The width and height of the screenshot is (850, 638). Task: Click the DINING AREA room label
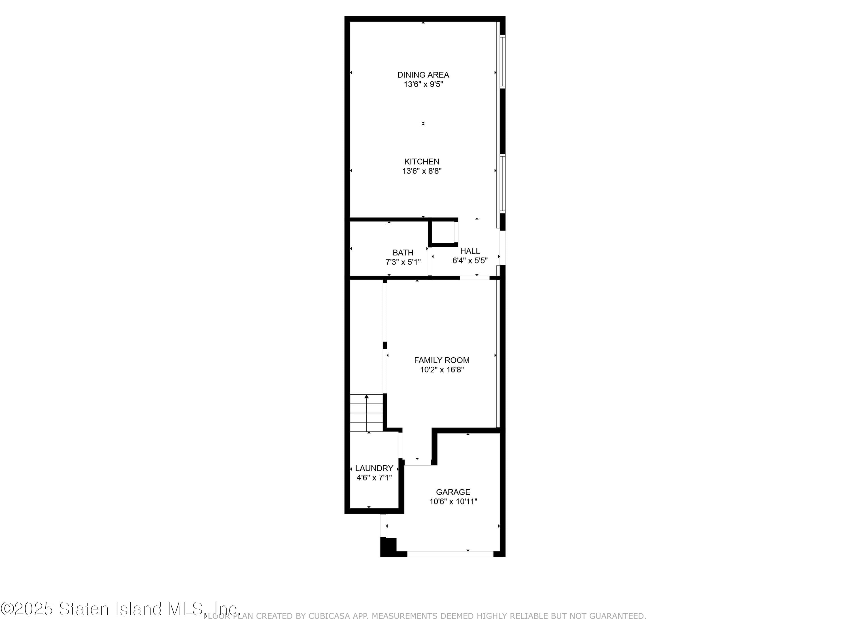(423, 75)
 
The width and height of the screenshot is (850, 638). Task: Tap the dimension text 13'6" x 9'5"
(423, 84)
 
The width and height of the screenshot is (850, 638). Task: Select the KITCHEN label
(422, 162)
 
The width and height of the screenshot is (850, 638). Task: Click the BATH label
(403, 253)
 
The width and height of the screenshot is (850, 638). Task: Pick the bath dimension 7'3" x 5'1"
(403, 262)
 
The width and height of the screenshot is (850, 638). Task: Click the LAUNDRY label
(374, 468)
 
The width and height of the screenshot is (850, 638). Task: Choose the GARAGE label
(453, 492)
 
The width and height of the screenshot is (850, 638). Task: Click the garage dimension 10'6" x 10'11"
(453, 502)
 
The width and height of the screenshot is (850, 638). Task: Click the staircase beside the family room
(367, 413)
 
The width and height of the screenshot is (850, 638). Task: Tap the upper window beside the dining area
(502, 62)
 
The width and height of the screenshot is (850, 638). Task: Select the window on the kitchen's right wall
(502, 183)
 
